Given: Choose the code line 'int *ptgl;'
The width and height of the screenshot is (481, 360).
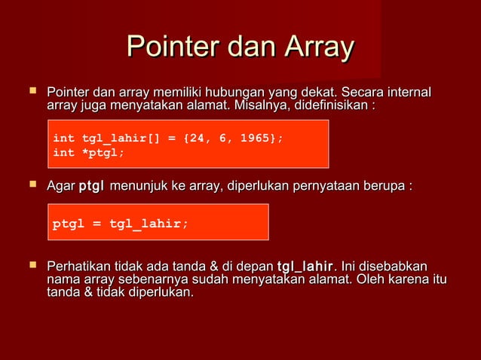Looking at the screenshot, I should point(88,153).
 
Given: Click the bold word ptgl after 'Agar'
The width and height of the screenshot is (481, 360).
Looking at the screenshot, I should point(91,186).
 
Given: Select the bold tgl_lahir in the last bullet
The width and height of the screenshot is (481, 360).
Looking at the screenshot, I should point(305,267).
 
